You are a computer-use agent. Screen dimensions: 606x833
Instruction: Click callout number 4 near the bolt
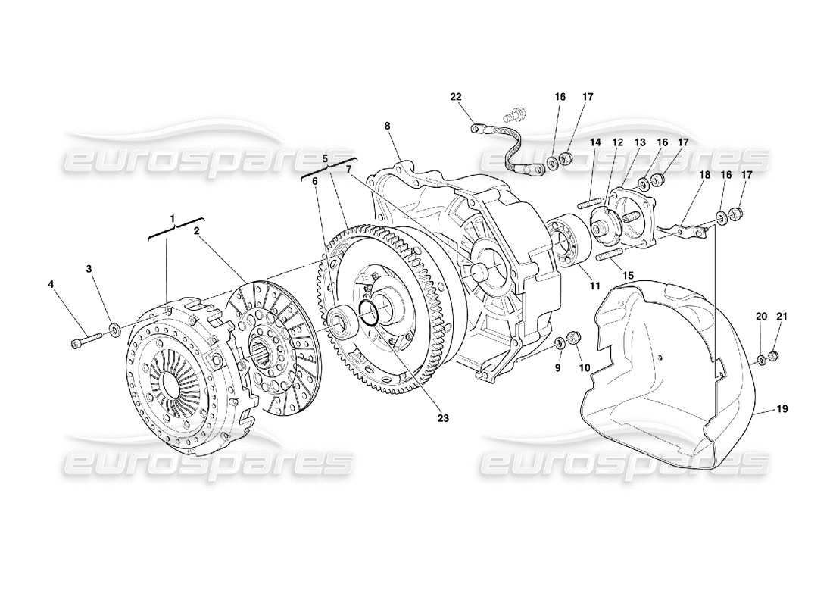51,285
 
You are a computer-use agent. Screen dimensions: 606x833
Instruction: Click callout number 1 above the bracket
173,218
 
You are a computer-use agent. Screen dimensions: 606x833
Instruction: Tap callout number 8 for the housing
388,126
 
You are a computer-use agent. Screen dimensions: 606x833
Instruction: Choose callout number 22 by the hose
455,97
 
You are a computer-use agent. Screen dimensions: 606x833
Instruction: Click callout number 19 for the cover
782,409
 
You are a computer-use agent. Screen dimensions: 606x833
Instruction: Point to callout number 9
557,369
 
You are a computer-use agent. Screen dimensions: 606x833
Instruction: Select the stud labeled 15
610,255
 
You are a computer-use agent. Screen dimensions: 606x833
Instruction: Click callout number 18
705,175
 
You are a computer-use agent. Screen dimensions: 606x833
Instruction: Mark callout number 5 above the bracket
326,159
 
